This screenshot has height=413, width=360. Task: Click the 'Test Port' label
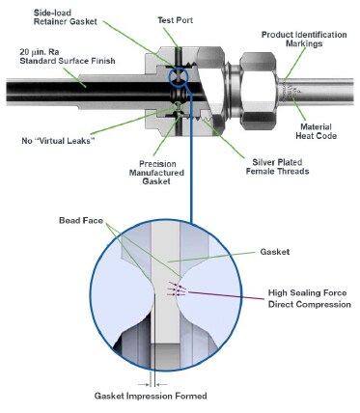[x=175, y=20]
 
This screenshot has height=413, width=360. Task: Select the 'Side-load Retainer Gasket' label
[x=66, y=17]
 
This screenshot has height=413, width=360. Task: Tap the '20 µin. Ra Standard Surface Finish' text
[x=68, y=56]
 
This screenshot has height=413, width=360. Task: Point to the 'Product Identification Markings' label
[x=304, y=39]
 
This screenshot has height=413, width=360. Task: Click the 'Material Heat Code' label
[x=317, y=131]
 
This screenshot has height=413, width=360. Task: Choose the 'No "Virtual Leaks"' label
[x=58, y=141]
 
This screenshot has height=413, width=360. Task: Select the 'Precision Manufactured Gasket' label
[x=156, y=173]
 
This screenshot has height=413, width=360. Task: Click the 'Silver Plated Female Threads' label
[x=277, y=166]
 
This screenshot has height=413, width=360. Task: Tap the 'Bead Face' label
[x=81, y=221]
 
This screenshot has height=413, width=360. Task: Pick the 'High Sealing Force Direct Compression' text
[x=310, y=298]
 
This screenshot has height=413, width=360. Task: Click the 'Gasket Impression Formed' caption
[x=151, y=396]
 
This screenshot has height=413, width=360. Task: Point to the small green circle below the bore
[x=178, y=106]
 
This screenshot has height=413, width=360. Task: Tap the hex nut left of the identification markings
[x=259, y=91]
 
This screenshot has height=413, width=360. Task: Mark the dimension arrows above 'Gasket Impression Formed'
[x=152, y=384]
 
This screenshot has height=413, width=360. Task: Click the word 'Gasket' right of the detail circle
[x=275, y=252]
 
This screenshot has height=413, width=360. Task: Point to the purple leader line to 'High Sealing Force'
[x=226, y=295]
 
